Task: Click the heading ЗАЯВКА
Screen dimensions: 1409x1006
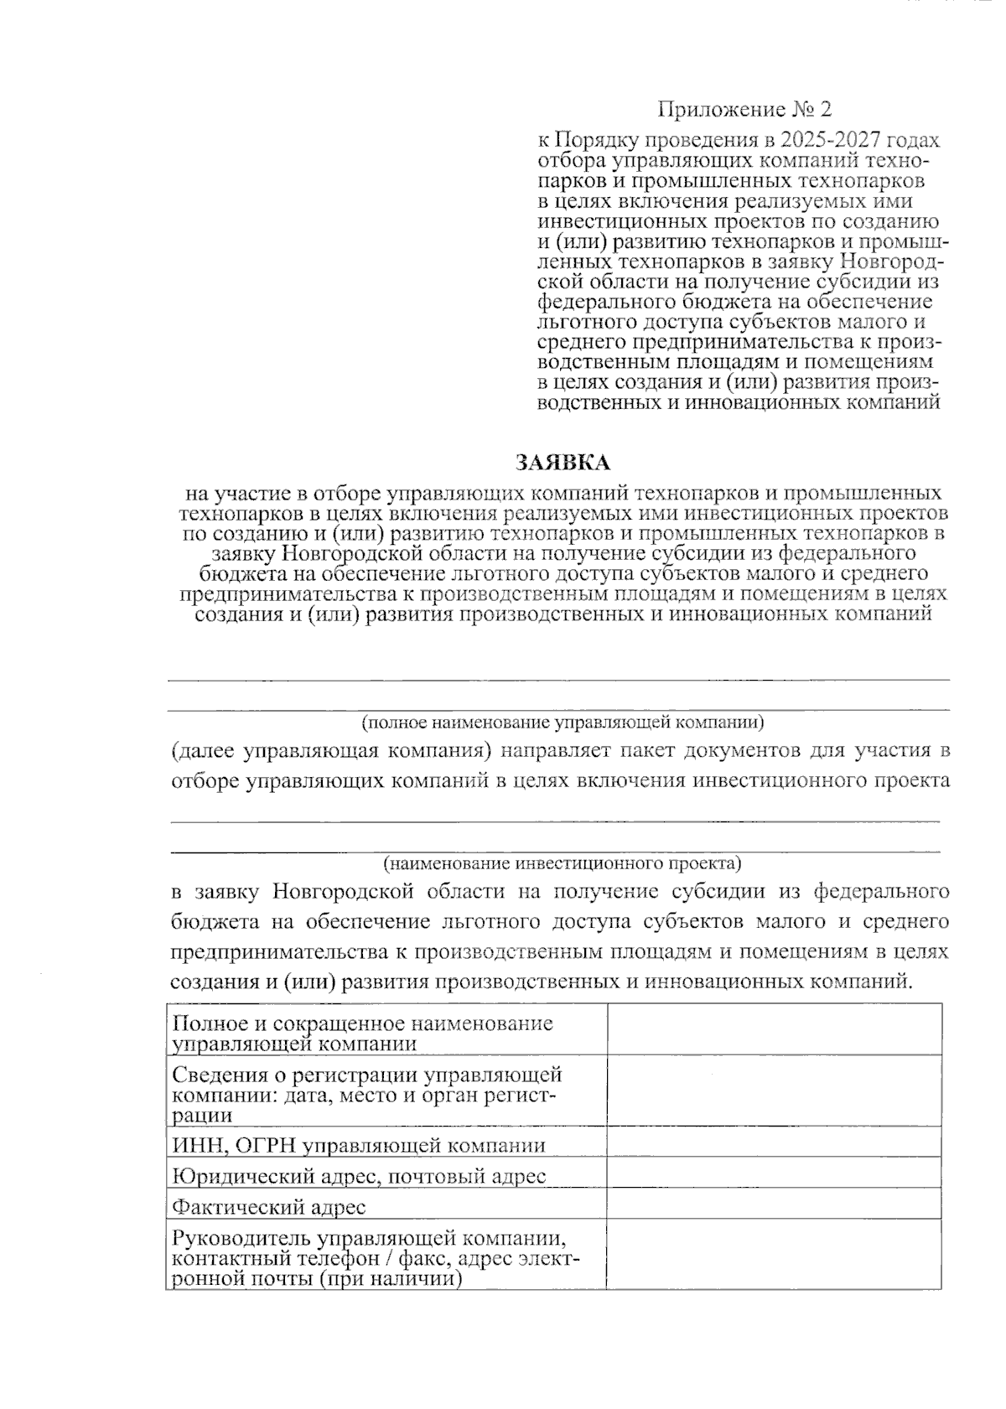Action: pyautogui.click(x=563, y=462)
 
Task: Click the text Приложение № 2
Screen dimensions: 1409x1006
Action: pyautogui.click(x=744, y=110)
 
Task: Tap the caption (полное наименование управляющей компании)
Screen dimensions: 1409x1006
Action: pyautogui.click(x=563, y=722)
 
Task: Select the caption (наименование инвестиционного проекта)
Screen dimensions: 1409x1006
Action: pyautogui.click(x=563, y=862)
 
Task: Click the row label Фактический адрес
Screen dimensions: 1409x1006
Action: pyautogui.click(x=269, y=1207)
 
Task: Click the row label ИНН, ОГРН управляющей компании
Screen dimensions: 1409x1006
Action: pyautogui.click(x=359, y=1146)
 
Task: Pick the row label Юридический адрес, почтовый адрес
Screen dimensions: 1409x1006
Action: pyautogui.click(x=359, y=1176)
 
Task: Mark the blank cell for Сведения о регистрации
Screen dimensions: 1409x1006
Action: pyautogui.click(x=774, y=1090)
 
